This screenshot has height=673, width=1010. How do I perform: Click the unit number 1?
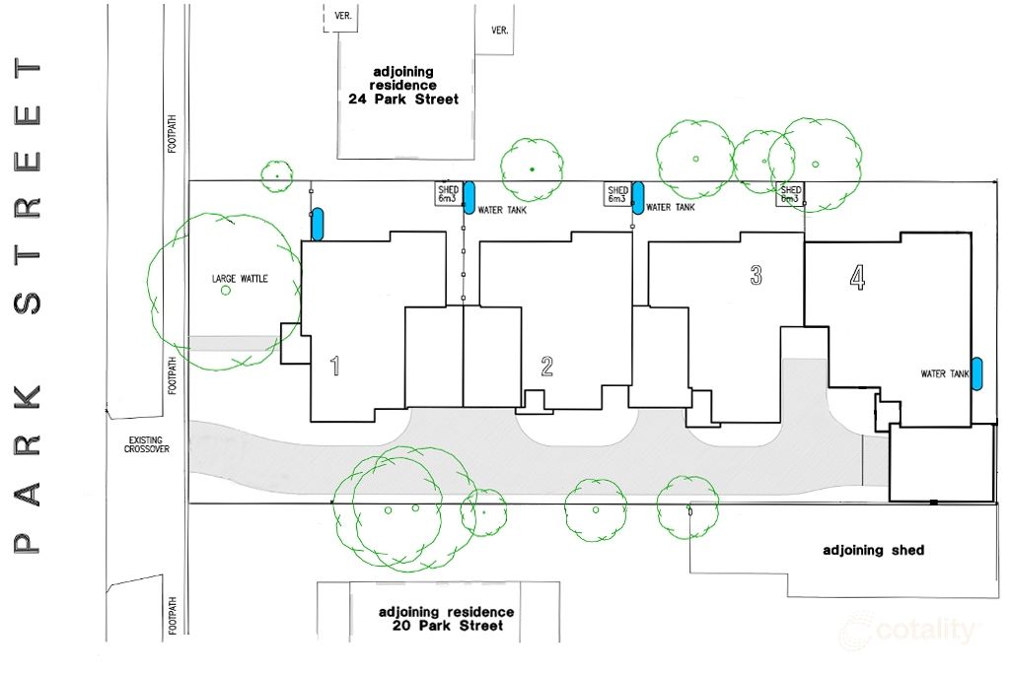334,367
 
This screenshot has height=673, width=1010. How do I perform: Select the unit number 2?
546,367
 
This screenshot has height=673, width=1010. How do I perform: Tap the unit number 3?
757,275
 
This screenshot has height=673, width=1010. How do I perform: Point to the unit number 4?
857,277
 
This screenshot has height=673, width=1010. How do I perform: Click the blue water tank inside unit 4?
976,373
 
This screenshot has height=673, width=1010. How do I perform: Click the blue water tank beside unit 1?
317,224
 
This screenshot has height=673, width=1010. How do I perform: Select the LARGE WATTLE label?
240,279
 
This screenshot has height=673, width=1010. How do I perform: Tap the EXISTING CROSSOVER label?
147,444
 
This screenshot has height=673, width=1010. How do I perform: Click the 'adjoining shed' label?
874,550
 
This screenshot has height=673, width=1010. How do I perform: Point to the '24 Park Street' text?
403,100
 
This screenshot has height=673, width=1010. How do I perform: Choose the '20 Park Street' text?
448,626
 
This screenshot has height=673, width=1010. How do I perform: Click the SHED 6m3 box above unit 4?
790,194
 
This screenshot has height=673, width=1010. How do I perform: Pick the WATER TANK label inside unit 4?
945,373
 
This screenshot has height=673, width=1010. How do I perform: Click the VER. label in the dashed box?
342,16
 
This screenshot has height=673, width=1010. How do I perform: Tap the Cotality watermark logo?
908,630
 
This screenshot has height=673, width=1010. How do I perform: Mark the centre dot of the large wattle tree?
226,291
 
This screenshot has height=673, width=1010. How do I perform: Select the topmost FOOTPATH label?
172,134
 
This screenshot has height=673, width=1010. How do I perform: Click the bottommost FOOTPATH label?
172,616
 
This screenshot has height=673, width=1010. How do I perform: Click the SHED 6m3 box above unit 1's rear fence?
448,194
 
